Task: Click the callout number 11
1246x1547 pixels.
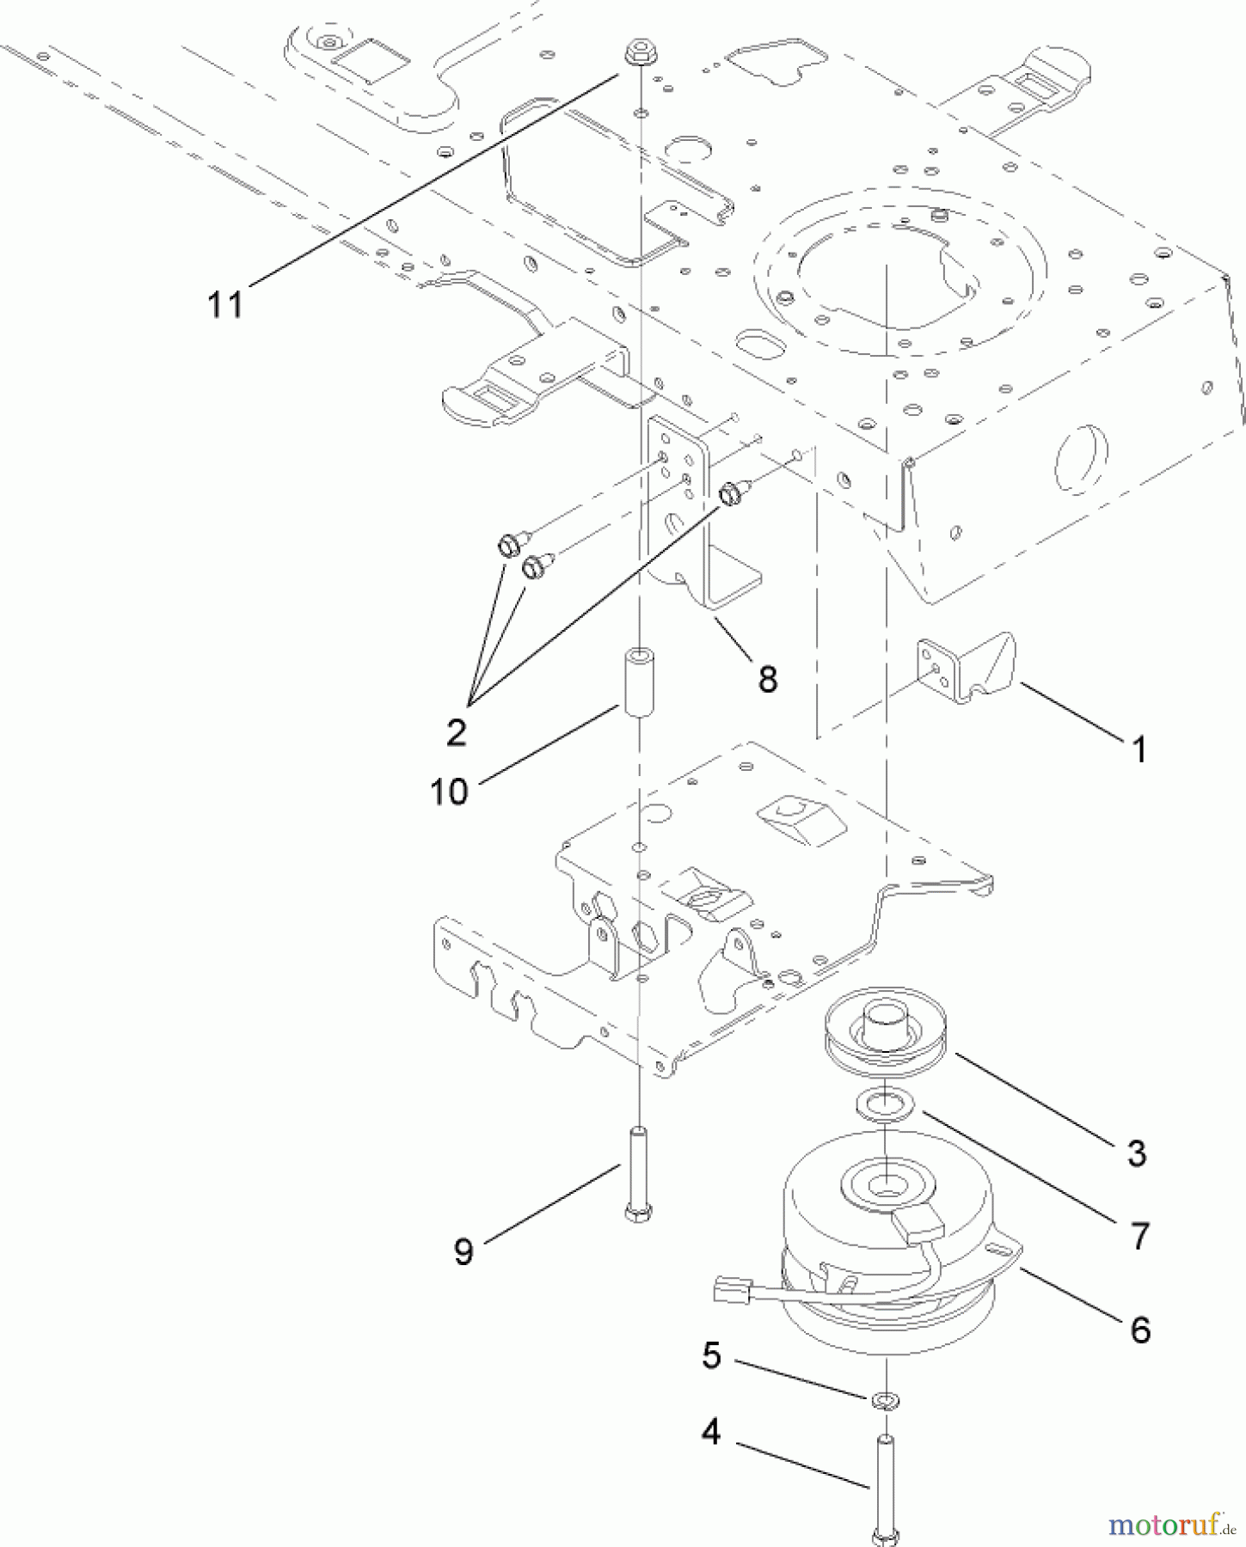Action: coord(225,304)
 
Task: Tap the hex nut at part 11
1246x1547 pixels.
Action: coord(636,54)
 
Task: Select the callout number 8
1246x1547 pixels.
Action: coord(768,679)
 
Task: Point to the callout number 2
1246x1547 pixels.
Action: coord(456,731)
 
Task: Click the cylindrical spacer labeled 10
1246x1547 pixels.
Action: coord(638,683)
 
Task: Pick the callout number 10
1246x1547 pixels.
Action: coord(449,792)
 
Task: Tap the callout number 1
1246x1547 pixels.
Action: coord(1139,750)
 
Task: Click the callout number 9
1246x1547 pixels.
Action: coord(463,1251)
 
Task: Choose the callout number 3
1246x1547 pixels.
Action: coord(1137,1153)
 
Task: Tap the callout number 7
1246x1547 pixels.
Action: coord(1140,1236)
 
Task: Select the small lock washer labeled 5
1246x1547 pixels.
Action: coord(885,1402)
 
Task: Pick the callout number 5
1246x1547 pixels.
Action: coord(712,1355)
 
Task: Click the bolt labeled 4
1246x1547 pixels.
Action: coord(886,1491)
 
